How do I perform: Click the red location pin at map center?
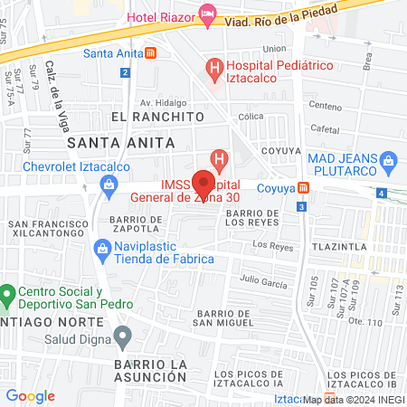click(x=204, y=178)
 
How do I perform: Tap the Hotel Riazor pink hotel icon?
click(x=207, y=14)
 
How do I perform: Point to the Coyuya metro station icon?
click(x=305, y=188)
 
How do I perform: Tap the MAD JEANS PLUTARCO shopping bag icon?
click(x=390, y=163)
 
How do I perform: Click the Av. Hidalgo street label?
click(x=170, y=102)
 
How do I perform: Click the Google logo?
click(x=30, y=395)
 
